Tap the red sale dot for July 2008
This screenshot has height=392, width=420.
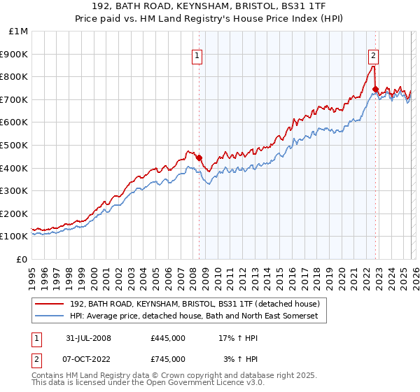click(x=199, y=157)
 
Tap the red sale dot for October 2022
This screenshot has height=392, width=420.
click(x=376, y=89)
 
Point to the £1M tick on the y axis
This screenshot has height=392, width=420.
click(x=19, y=31)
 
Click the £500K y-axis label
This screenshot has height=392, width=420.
click(x=15, y=145)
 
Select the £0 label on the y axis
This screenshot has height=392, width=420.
click(x=22, y=259)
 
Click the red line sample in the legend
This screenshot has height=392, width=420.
click(x=50, y=304)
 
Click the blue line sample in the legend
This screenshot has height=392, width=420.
click(x=50, y=316)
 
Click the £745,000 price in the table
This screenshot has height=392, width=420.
click(x=168, y=358)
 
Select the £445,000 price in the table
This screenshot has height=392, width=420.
click(x=168, y=338)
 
